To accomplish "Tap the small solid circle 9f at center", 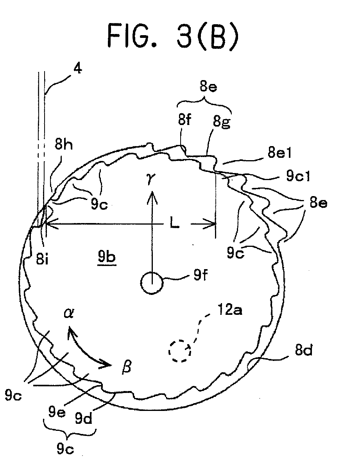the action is pos(152,283).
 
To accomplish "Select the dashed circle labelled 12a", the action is pos(180,351).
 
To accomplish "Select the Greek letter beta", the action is pos(127,368).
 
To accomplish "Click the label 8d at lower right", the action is pos(303,350).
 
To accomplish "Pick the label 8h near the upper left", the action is pos(64,145).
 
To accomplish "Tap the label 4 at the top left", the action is pos(77,69).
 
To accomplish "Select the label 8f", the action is pos(184,120).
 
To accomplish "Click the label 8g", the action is pos(221,121).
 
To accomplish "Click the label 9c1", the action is pos(298,176).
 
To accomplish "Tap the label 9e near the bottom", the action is pos(57,412).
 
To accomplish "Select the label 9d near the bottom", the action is pos(84,418).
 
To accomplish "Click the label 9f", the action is pos(201,275).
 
